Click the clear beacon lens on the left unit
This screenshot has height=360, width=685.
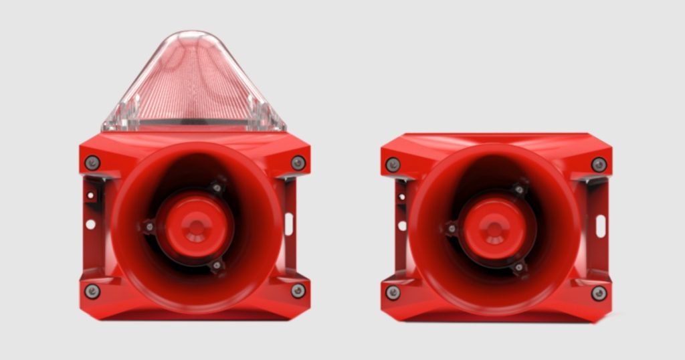(194, 84)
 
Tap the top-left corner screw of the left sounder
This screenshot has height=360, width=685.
(92, 163)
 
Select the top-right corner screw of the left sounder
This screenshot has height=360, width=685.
(298, 163)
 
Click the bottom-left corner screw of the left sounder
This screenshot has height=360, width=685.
(92, 291)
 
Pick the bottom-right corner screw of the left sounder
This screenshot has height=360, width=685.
(298, 290)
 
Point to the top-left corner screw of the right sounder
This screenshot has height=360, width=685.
(393, 165)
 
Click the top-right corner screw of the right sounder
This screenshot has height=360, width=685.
(599, 165)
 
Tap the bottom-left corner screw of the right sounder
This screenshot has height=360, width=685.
(393, 292)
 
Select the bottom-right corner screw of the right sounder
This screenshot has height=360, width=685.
(599, 292)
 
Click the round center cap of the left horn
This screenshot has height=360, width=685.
(195, 227)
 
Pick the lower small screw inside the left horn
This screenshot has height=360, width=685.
(216, 266)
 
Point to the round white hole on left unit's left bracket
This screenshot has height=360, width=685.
(90, 224)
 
